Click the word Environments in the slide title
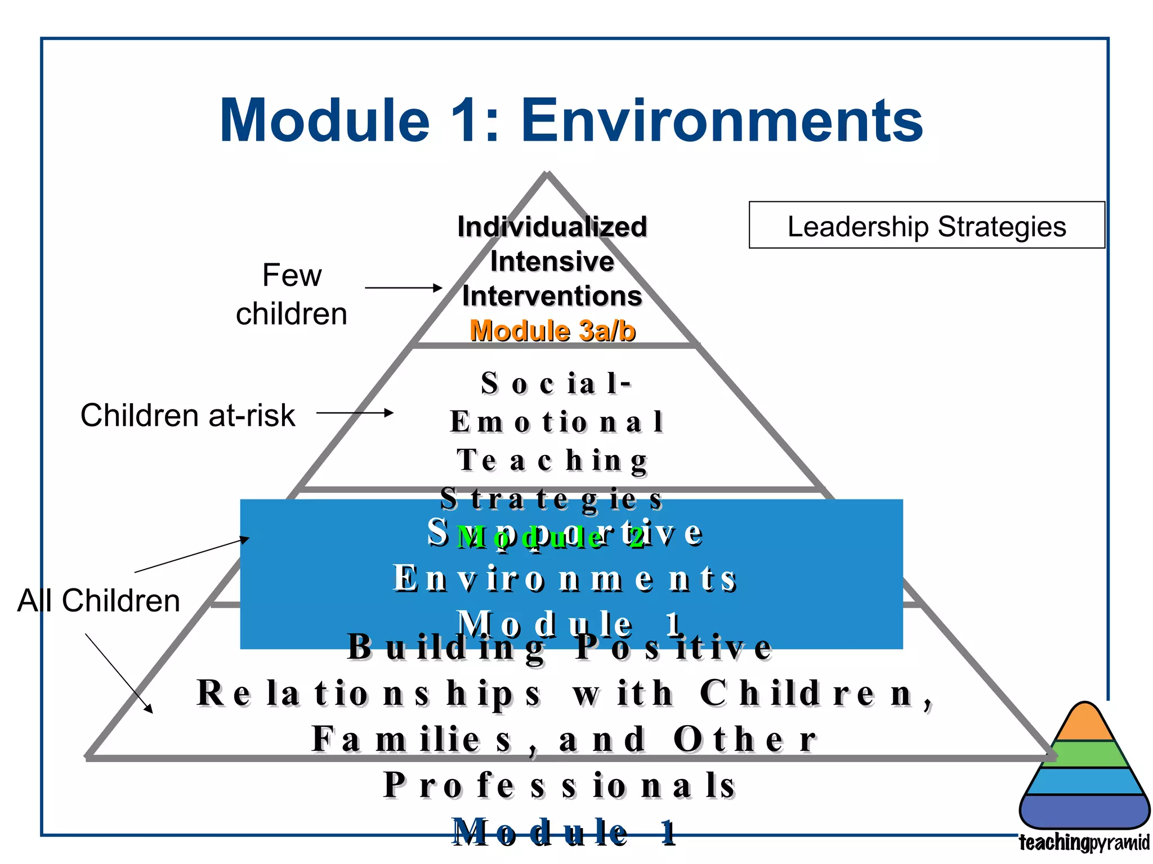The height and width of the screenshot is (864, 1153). click(722, 120)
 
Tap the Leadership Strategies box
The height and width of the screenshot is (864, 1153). click(926, 226)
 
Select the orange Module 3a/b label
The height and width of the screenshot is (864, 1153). click(552, 331)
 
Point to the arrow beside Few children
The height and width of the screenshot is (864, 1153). click(403, 288)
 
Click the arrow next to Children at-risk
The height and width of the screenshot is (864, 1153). click(355, 413)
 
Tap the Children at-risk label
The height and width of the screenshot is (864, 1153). click(187, 415)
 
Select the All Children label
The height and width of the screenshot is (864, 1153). click(99, 600)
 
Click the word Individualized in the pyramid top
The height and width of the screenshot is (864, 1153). click(552, 227)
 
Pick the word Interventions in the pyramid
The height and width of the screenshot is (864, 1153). click(552, 296)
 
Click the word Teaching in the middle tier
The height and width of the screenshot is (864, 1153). click(552, 460)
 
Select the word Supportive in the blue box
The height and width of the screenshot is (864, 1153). click(565, 532)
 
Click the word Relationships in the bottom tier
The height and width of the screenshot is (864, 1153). click(369, 693)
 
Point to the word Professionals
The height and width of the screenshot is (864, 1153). click(560, 785)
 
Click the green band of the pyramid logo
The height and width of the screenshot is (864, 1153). click(1084, 754)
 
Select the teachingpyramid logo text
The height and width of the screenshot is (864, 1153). click(1084, 843)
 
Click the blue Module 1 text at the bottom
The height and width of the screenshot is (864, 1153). click(564, 832)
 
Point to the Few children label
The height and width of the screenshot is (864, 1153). click(292, 294)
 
